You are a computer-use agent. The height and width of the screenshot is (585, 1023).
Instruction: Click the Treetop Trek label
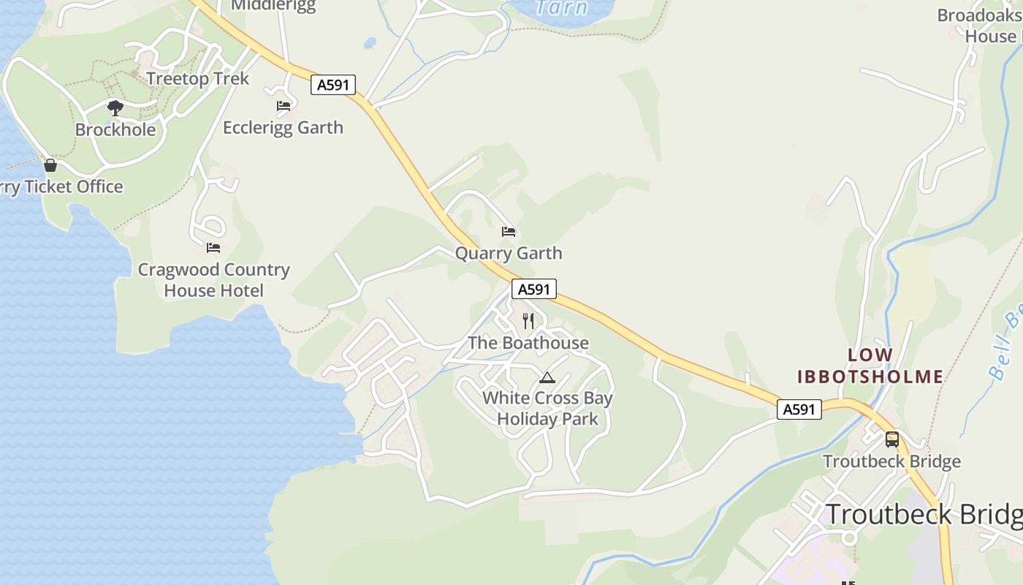coord(197,79)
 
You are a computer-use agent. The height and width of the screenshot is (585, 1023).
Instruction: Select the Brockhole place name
coord(115,130)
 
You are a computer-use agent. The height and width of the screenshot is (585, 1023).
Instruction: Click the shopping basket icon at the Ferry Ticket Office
coord(50,165)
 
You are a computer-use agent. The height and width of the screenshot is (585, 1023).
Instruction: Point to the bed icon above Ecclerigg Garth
coord(284,106)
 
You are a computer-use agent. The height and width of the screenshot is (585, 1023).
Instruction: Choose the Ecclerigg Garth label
coord(283,128)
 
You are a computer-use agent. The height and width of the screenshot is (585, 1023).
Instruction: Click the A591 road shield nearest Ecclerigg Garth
coord(332,85)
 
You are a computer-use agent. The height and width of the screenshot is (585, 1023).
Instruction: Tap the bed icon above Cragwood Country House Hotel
coord(213,248)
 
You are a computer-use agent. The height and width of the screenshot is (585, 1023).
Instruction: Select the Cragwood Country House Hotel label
coord(213,280)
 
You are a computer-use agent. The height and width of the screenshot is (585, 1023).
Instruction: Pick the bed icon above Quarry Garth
coord(509,232)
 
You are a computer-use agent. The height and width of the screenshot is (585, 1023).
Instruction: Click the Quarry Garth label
coord(509,254)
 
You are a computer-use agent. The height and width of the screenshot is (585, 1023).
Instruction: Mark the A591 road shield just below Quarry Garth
coord(533,289)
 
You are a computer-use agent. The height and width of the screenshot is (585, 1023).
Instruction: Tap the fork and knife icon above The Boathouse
coord(528,321)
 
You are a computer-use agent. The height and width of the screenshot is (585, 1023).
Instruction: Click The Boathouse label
coord(528,343)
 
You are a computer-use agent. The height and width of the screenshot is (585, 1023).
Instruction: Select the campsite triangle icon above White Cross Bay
coord(547,377)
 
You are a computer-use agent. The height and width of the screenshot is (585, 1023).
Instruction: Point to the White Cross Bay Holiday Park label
coord(547,409)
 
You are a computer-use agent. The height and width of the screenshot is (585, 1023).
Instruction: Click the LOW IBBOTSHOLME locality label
coord(870,366)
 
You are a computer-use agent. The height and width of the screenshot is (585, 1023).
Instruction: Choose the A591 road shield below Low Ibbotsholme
coord(799,409)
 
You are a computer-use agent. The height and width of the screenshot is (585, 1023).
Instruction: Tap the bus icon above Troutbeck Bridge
coord(891,439)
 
